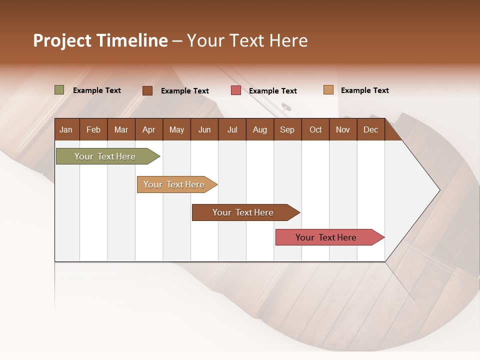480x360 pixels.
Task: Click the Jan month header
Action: coord(66,129)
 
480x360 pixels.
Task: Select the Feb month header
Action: coord(93,129)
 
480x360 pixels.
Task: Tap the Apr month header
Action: coord(149,129)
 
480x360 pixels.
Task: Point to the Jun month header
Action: coord(204,129)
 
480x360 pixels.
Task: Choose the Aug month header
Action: coord(260,129)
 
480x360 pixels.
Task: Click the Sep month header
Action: coord(287,129)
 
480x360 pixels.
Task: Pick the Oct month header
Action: coord(315,129)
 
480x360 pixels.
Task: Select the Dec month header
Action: coord(371,129)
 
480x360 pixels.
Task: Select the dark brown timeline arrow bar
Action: coord(243,212)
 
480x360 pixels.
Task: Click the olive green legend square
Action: coord(59,90)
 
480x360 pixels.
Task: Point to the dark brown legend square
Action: coord(147,90)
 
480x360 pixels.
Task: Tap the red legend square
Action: coord(236,90)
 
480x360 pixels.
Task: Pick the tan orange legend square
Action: coord(328,90)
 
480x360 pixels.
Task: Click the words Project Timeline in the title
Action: coord(100,40)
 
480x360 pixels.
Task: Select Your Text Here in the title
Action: coord(247,40)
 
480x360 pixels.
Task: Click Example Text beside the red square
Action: coord(273,91)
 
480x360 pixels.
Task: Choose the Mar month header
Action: coord(121,129)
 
